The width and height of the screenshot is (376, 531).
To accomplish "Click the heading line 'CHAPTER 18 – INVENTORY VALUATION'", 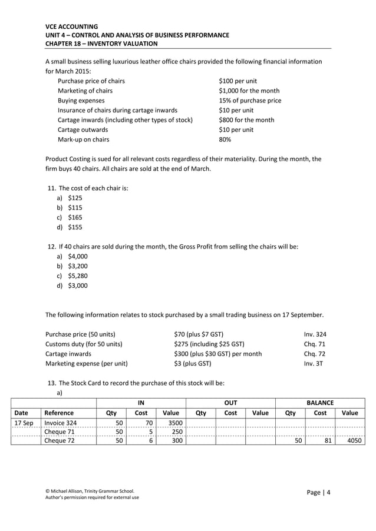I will click(x=101, y=44).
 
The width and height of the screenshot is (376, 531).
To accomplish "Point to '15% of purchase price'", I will click(x=250, y=101).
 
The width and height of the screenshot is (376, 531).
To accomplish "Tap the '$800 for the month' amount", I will click(x=246, y=120).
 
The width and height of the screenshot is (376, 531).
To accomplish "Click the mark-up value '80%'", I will click(x=225, y=140).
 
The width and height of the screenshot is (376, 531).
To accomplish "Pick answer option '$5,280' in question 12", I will click(x=77, y=276).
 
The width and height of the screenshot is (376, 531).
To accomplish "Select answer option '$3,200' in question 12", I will click(x=77, y=266).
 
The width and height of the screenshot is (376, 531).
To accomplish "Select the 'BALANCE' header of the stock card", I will click(x=320, y=403).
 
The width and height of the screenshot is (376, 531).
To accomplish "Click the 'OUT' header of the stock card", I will click(x=230, y=403).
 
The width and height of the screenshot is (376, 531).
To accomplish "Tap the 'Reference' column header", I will click(x=59, y=413).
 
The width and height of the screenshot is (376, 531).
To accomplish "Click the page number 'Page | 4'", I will click(x=319, y=493).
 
